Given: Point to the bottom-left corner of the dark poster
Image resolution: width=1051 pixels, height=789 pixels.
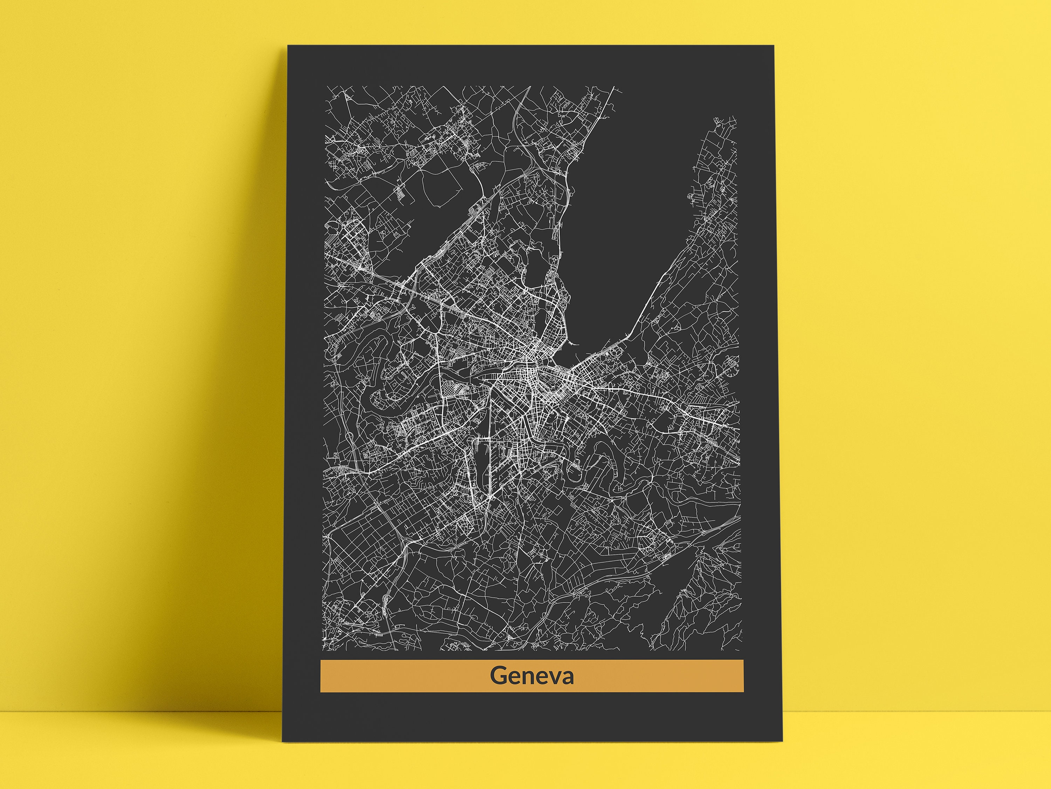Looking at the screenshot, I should point(283,741).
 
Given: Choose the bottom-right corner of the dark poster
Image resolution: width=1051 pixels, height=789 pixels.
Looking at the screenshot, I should point(782,741).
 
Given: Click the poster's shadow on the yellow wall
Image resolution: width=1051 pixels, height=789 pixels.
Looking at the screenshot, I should point(190,428).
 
